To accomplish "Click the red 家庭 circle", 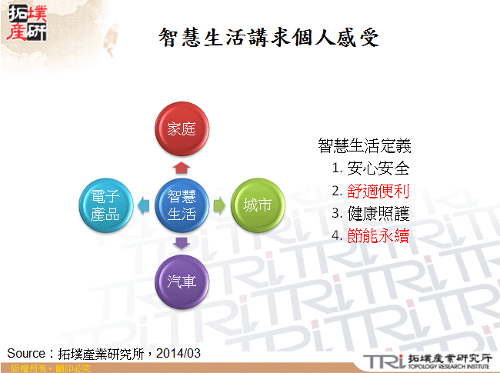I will pyautogui.click(x=182, y=128).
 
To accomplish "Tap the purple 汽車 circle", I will pyautogui.click(x=182, y=280).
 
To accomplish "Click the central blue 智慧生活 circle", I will pyautogui.click(x=182, y=205).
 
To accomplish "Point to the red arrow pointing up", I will pyautogui.click(x=182, y=165).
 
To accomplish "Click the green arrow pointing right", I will pyautogui.click(x=218, y=205).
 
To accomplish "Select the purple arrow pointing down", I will pyautogui.click(x=182, y=244).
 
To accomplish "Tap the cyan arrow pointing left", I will pyautogui.click(x=144, y=205).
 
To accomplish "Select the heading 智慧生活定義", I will pyautogui.click(x=364, y=146).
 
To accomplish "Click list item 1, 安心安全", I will pyautogui.click(x=370, y=168).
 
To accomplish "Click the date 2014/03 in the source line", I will pyautogui.click(x=178, y=353).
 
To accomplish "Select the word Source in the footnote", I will pyautogui.click(x=27, y=353).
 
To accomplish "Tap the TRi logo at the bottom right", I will pyautogui.click(x=385, y=361).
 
